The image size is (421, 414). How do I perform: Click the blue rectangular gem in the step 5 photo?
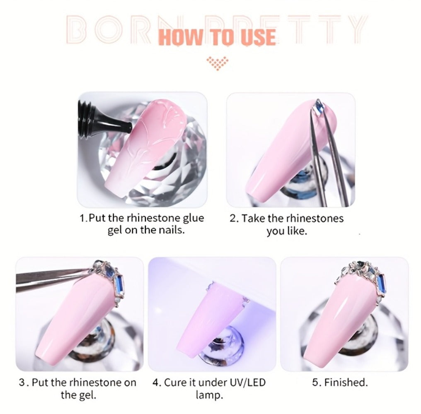380,285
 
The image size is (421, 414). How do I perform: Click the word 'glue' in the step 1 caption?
194,218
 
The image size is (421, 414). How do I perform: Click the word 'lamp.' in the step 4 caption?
209,395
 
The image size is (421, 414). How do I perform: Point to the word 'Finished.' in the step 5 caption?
346,382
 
